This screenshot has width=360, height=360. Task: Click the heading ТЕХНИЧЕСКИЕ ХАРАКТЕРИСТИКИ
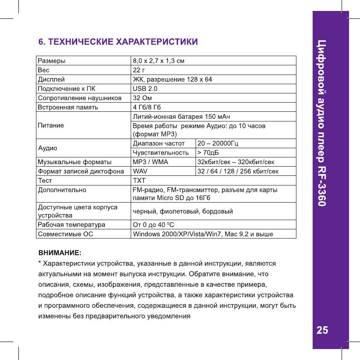coord(118,42)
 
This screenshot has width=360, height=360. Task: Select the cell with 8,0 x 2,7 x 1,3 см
coord(158,60)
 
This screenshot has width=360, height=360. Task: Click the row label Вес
coord(43,69)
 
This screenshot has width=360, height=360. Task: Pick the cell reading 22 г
coord(139,69)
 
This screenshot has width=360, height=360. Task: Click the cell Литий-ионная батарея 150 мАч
coord(181,116)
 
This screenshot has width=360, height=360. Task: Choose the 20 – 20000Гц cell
coord(218,143)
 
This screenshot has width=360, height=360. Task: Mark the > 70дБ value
coord(208,153)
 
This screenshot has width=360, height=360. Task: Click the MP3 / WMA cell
coord(150,162)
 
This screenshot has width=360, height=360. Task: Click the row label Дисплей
coord(51,79)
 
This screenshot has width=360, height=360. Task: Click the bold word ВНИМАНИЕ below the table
coord(59,253)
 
